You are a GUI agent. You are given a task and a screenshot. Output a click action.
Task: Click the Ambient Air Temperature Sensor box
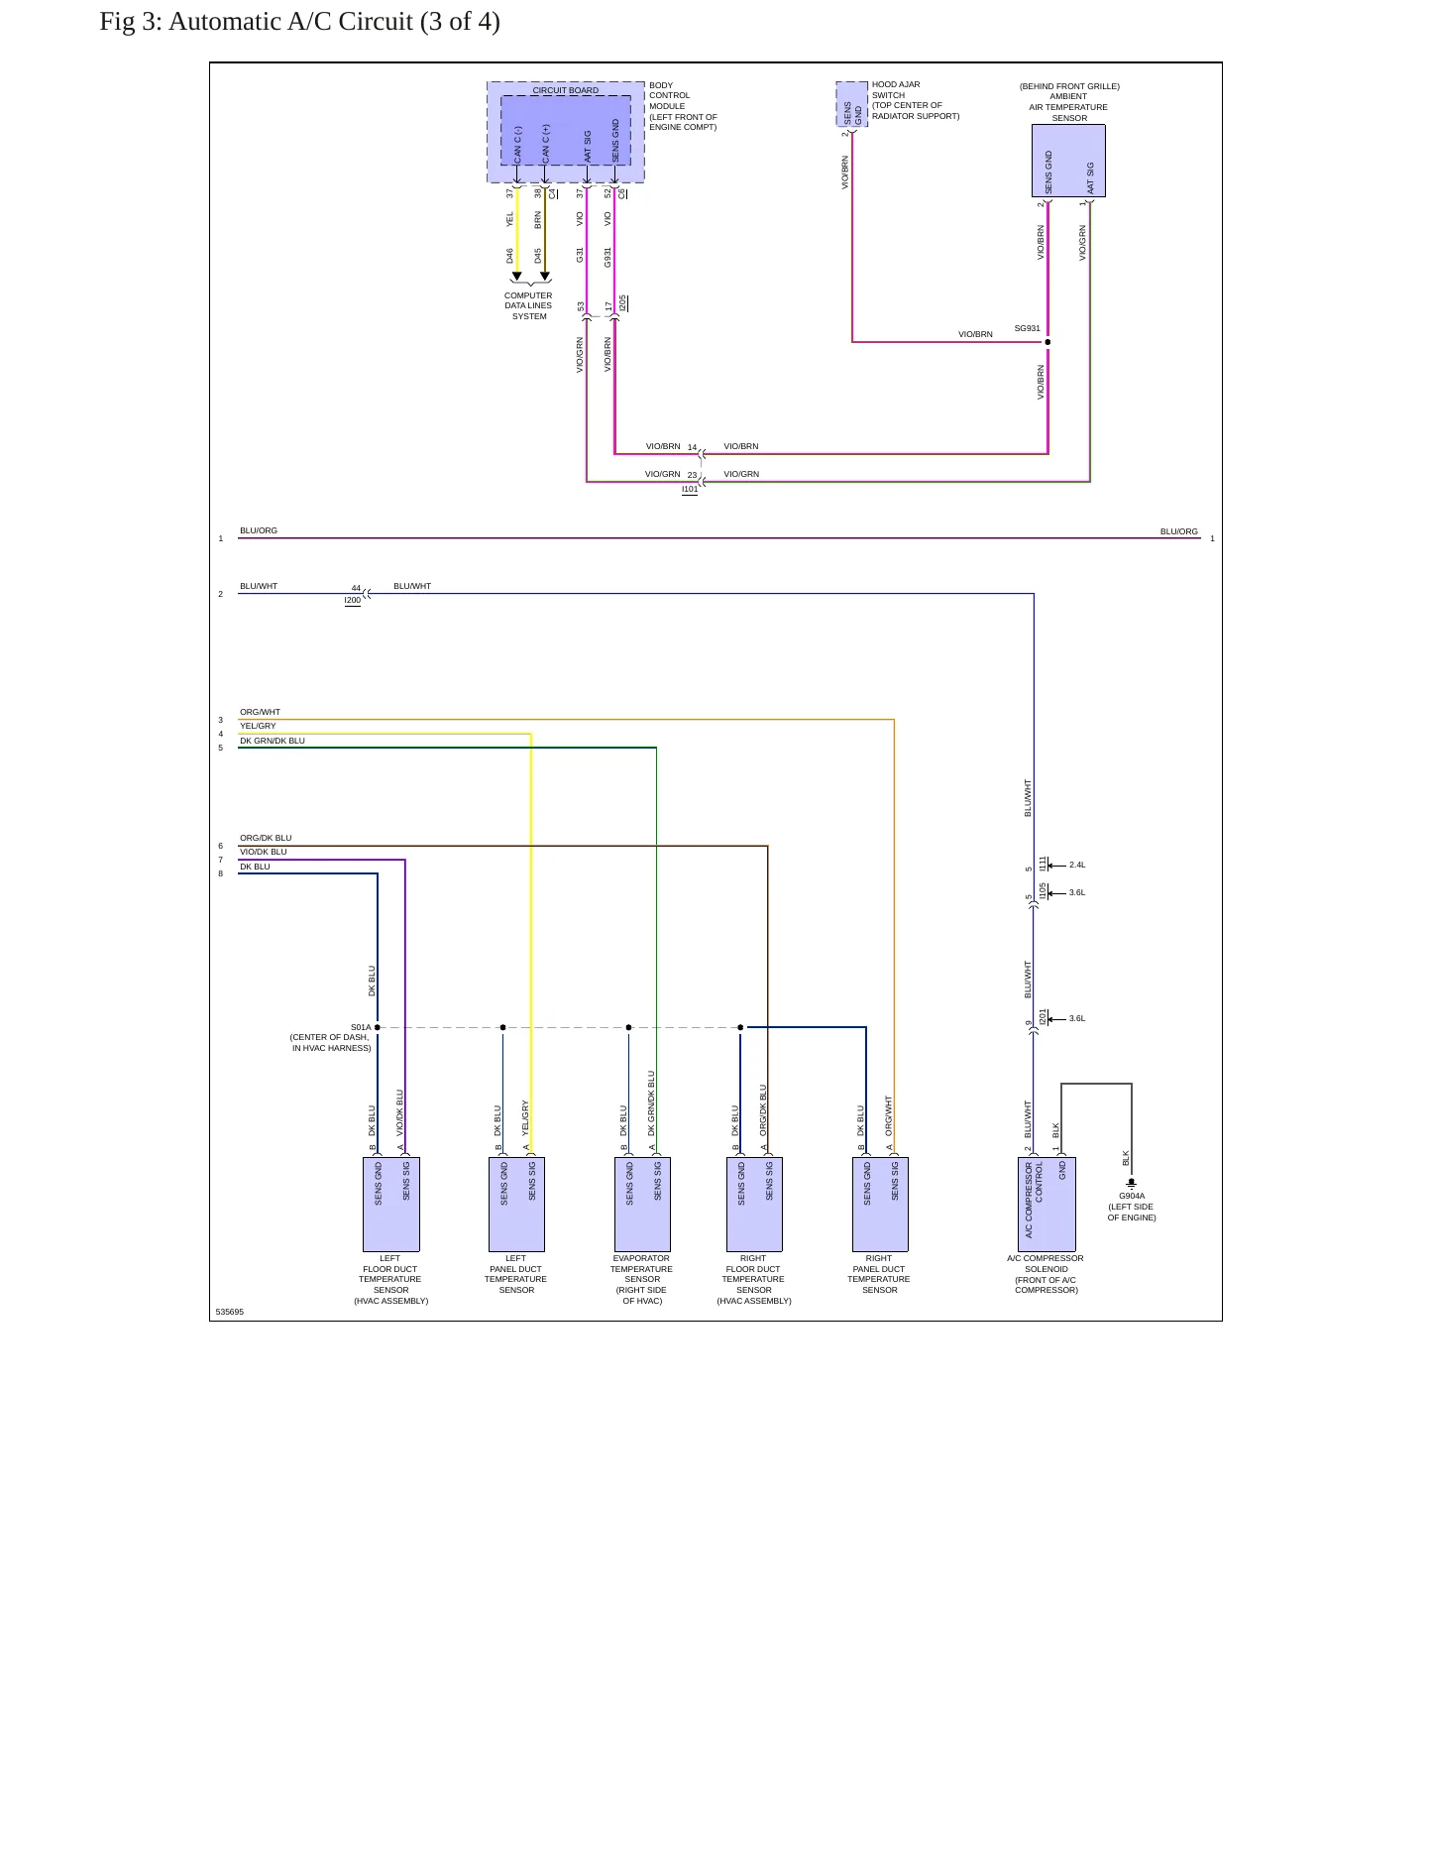[1068, 161]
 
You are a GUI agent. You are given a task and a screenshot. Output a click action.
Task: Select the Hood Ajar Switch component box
[852, 104]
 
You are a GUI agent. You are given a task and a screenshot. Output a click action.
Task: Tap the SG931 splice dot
[1047, 342]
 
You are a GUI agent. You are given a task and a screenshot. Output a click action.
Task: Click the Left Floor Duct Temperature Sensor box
[391, 1204]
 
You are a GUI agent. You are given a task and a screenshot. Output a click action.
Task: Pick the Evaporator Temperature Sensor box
[642, 1204]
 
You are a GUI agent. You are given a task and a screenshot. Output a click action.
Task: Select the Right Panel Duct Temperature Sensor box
[880, 1204]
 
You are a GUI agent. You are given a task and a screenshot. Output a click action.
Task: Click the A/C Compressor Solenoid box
[1046, 1204]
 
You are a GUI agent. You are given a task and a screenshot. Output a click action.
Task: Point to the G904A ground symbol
[1131, 1183]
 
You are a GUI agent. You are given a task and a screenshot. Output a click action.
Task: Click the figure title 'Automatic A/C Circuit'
[291, 22]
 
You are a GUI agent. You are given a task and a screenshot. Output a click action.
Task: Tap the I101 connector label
[690, 490]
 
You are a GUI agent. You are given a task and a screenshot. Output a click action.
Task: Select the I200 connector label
[353, 601]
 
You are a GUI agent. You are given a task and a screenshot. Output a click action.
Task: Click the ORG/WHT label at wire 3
[260, 712]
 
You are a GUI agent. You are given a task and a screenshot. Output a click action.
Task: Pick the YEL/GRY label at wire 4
[258, 726]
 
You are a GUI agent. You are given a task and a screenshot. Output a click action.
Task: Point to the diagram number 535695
[230, 1312]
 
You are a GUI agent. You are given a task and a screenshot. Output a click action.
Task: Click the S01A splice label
[361, 1028]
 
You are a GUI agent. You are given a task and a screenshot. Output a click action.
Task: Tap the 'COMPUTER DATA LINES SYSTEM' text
[528, 305]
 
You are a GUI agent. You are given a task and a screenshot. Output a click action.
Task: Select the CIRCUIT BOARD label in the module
[566, 90]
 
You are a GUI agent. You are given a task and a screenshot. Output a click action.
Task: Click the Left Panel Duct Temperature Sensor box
[516, 1204]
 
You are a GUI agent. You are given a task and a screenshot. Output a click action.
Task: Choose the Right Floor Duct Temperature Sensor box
[754, 1204]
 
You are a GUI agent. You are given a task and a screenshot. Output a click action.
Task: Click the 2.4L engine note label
[1077, 865]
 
